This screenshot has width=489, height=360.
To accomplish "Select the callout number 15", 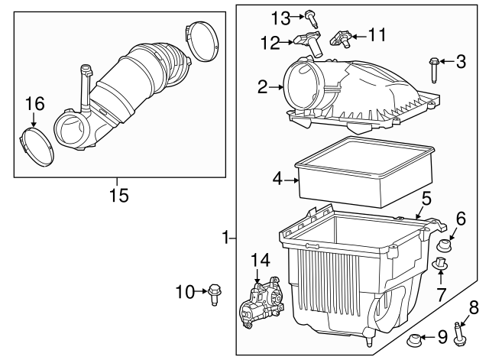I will coord(118,196).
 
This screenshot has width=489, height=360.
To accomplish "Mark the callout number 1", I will coord(225,239).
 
